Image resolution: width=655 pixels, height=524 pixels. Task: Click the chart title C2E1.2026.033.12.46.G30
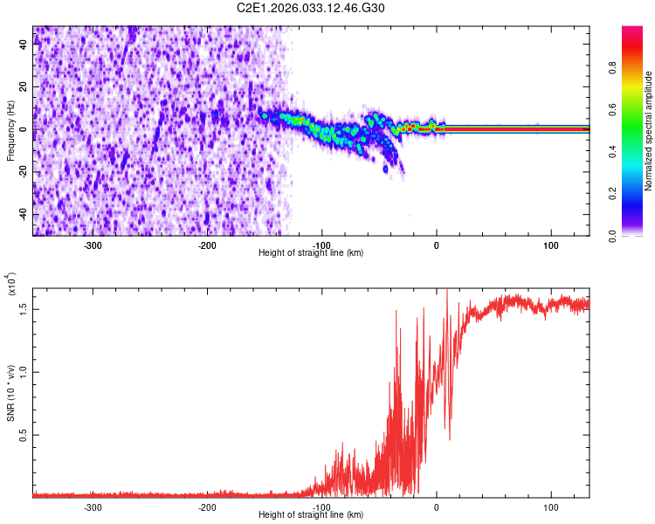(312, 8)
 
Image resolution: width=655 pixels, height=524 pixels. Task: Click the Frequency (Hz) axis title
(10, 131)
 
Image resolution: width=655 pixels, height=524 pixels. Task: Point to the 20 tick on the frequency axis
(24, 87)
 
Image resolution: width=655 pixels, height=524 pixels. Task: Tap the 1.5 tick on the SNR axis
(24, 307)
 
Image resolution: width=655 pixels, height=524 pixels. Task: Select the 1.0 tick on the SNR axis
(24, 371)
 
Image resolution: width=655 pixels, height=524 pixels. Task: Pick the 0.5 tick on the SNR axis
(24, 434)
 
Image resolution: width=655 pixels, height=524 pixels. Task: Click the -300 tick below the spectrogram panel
(93, 245)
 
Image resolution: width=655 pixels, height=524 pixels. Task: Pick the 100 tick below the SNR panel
(551, 507)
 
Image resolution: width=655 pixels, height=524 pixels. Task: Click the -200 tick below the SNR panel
(207, 507)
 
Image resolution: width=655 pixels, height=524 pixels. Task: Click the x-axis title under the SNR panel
(312, 515)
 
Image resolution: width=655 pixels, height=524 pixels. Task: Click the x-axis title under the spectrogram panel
(312, 253)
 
